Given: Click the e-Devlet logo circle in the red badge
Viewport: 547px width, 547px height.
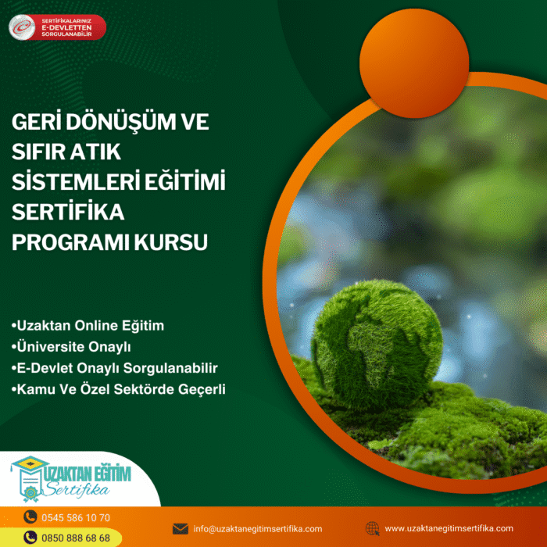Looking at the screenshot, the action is tap(22, 27).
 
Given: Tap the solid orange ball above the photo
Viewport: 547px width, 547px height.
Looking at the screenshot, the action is tap(414, 63).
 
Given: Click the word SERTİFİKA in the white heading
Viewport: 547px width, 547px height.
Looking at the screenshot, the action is tap(68, 211).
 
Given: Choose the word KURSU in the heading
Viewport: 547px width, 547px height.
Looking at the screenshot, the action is tap(171, 241).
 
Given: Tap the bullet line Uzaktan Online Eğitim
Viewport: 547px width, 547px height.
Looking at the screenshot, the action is tap(88, 326).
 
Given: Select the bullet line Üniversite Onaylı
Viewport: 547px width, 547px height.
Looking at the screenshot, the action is tap(71, 347).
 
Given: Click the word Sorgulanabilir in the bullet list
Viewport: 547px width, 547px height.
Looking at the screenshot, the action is tap(170, 368).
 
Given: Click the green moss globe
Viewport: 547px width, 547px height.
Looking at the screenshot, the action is tap(377, 345).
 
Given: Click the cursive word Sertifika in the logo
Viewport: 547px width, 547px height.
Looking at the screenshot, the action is tap(77, 489).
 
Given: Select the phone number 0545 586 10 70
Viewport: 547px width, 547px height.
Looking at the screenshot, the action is tap(76, 517).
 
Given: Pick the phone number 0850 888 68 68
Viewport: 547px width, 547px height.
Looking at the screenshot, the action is tap(76, 538).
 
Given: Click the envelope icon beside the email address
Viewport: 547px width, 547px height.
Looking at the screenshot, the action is tap(181, 529).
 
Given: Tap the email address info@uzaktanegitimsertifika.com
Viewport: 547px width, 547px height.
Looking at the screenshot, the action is tap(258, 529).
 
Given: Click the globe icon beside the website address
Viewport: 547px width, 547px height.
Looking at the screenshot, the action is tap(372, 528).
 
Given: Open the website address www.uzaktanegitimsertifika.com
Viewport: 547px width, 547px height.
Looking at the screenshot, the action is tap(449, 528).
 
